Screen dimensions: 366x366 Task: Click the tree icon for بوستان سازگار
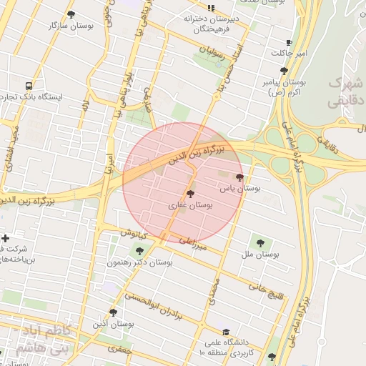click(70, 14)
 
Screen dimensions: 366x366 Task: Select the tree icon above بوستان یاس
click(239, 177)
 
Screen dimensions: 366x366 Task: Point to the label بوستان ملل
click(259, 254)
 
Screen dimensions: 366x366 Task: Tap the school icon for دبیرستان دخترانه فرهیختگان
click(210, 7)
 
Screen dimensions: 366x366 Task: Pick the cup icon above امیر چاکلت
click(288, 43)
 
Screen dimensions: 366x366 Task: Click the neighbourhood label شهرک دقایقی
click(346, 93)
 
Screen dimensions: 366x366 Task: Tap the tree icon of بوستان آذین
click(113, 312)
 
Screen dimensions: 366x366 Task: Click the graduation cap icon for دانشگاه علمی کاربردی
click(226, 332)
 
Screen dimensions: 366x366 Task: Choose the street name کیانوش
click(133, 234)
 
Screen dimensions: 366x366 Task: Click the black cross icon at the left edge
click(6, 238)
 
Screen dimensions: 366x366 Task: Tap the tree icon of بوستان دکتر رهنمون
click(139, 250)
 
